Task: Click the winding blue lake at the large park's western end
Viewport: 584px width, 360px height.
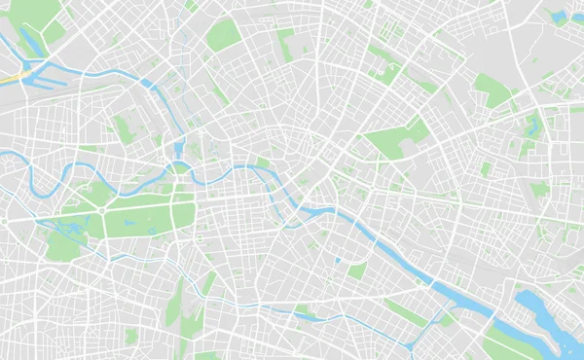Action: click(x=70, y=230)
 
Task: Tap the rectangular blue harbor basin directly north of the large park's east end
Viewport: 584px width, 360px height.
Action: click(x=179, y=151)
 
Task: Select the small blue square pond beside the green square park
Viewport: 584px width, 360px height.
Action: click(x=338, y=262)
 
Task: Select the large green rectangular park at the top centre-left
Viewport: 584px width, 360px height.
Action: click(x=223, y=36)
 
